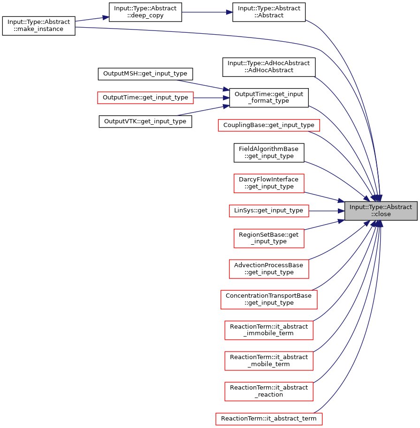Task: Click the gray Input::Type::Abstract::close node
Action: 381,211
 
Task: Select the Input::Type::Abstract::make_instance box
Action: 38,26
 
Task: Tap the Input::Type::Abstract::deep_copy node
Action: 145,12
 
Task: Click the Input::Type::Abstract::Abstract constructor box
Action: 268,12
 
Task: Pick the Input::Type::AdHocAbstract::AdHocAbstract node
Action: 268,67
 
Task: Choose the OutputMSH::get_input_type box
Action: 145,74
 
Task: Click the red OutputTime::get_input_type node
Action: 145,98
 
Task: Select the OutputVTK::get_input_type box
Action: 145,121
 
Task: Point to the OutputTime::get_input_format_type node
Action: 268,98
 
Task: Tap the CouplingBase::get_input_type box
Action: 268,125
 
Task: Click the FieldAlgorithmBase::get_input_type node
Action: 268,152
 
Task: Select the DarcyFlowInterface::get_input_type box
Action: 268,183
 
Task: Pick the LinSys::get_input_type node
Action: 268,211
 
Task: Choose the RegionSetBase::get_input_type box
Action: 268,238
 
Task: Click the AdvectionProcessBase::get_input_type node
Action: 268,269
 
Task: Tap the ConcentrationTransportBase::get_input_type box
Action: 268,300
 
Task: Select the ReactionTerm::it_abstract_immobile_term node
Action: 268,330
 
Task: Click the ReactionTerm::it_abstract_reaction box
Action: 268,391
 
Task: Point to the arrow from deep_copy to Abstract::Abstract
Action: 207,12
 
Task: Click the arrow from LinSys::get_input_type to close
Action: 327,211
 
